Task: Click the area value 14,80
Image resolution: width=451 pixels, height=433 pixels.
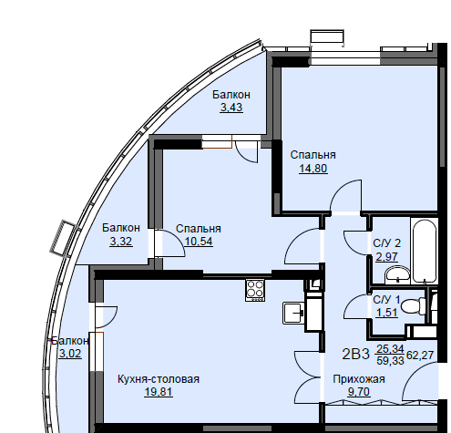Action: (313, 168)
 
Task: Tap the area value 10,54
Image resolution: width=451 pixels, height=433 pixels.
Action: (199, 242)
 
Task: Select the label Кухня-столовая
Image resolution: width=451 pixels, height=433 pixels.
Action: (159, 379)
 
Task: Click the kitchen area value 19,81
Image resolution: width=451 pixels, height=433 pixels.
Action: (159, 392)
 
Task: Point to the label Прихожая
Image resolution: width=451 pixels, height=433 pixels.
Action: (359, 379)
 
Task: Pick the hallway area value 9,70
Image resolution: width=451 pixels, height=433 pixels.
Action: (359, 392)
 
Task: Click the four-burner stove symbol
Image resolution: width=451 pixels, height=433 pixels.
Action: (255, 290)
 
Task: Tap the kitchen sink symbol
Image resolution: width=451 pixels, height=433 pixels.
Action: (293, 313)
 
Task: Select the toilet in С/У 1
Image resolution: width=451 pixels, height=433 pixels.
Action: (414, 305)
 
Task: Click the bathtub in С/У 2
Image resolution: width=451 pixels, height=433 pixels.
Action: (425, 251)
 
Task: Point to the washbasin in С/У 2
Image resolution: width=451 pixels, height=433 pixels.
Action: (397, 274)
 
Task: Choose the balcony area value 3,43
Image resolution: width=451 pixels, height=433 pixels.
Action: (231, 108)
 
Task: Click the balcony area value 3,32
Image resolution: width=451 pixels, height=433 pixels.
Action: (121, 242)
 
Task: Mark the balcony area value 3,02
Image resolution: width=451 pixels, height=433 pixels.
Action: (70, 354)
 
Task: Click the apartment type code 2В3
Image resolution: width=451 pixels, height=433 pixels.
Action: (355, 355)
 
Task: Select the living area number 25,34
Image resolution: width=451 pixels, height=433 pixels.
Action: (390, 349)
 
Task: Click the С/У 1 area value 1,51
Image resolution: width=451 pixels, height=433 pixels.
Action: (386, 313)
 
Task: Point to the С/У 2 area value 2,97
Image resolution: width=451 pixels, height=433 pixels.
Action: (386, 257)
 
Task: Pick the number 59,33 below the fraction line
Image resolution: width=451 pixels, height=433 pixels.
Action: (390, 361)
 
